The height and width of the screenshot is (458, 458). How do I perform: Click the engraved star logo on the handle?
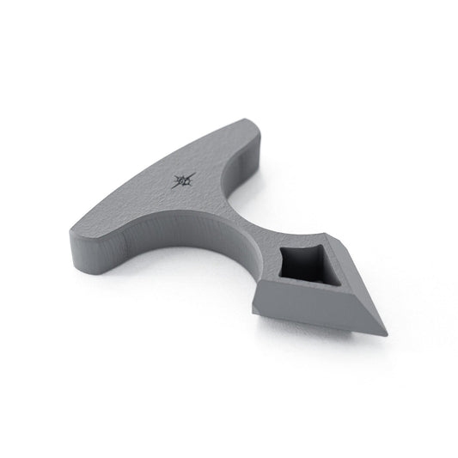tap(185, 180)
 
